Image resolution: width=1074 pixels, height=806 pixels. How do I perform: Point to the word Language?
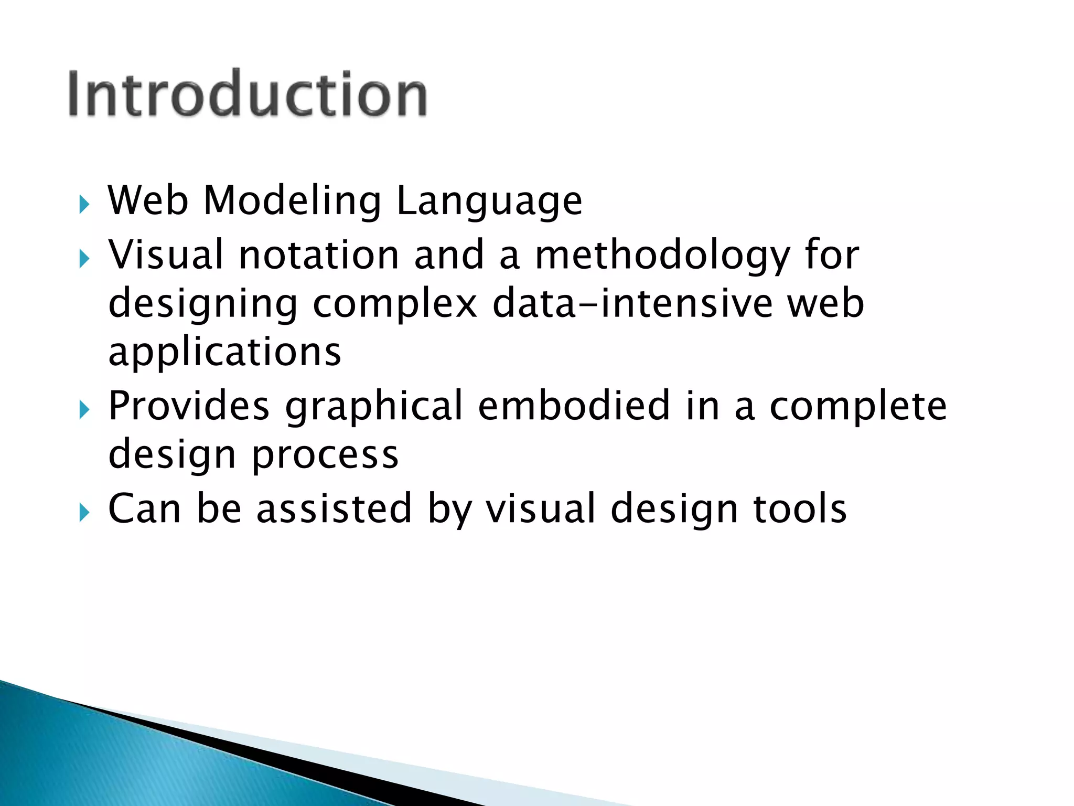click(x=489, y=201)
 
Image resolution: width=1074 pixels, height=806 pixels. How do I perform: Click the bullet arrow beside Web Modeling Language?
click(x=84, y=204)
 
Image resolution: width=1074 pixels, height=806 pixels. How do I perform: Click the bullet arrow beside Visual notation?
click(x=84, y=258)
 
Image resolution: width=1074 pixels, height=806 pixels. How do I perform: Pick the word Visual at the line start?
click(x=166, y=254)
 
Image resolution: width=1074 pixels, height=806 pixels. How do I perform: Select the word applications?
click(x=224, y=352)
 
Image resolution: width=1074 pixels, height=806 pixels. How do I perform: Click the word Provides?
click(x=189, y=406)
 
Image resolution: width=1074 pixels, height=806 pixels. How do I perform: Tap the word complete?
click(x=858, y=406)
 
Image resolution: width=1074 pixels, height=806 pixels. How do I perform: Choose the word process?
click(x=325, y=454)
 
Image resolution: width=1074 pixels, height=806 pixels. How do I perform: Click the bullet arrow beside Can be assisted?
click(x=84, y=512)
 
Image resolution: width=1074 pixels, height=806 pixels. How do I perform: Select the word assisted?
click(x=334, y=508)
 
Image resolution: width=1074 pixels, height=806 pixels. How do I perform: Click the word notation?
click(x=319, y=254)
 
